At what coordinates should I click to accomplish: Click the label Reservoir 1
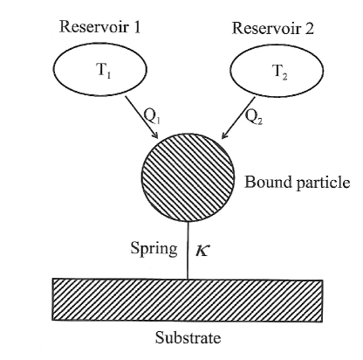click(x=100, y=25)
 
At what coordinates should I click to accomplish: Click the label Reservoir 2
click(x=274, y=27)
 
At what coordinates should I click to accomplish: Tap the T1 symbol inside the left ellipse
click(x=103, y=71)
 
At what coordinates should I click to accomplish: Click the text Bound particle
click(x=297, y=183)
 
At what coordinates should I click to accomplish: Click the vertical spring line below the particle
click(x=188, y=253)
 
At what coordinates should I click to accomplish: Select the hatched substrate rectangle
click(x=188, y=302)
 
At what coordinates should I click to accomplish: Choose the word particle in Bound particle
click(x=322, y=183)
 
